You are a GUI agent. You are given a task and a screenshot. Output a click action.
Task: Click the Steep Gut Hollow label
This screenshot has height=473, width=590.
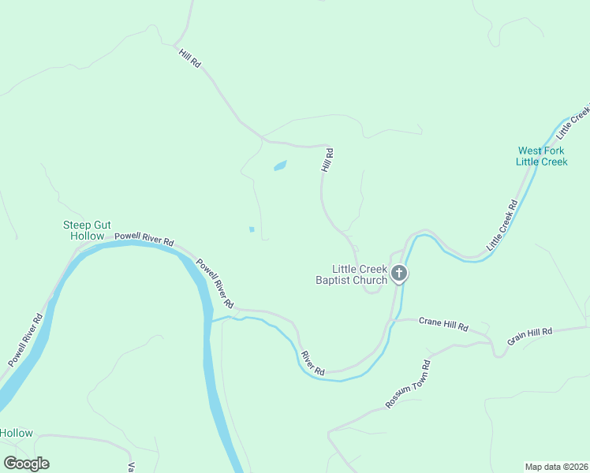click(x=84, y=230)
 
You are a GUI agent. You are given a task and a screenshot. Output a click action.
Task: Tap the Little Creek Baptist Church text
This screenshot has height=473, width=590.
click(x=352, y=274)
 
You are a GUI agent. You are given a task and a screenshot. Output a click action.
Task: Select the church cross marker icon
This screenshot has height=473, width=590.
click(x=400, y=274)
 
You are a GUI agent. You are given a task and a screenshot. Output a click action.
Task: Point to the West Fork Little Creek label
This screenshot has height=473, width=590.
click(x=542, y=156)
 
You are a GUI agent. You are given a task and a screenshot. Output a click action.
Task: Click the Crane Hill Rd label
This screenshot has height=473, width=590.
click(x=443, y=323)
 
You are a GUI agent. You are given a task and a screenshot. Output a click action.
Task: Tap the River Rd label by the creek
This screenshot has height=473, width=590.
click(x=312, y=362)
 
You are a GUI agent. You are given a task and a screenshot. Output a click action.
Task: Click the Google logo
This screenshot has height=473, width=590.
click(x=26, y=464)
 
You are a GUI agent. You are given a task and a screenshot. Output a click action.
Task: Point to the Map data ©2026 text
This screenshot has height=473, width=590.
click(x=556, y=466)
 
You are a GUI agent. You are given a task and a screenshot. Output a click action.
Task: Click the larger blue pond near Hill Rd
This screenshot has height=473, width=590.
click(x=280, y=166)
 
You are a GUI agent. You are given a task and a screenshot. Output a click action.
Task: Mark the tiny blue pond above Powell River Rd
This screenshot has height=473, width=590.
click(x=252, y=229)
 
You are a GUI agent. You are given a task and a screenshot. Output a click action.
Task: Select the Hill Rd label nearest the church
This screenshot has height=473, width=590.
click(x=327, y=160)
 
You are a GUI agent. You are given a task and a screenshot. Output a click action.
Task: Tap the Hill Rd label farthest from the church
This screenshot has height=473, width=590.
click(x=189, y=58)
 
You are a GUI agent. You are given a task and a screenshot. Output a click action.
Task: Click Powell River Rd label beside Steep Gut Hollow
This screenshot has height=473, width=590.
click(x=144, y=237)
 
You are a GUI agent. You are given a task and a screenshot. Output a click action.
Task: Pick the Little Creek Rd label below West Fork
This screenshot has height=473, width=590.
click(x=502, y=225)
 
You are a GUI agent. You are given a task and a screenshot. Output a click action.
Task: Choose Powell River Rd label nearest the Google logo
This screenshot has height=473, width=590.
click(x=26, y=341)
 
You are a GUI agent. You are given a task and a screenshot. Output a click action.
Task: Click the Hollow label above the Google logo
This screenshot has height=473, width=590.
click(x=17, y=433)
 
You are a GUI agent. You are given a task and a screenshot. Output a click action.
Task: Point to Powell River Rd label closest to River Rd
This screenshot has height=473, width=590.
click(x=215, y=283)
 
